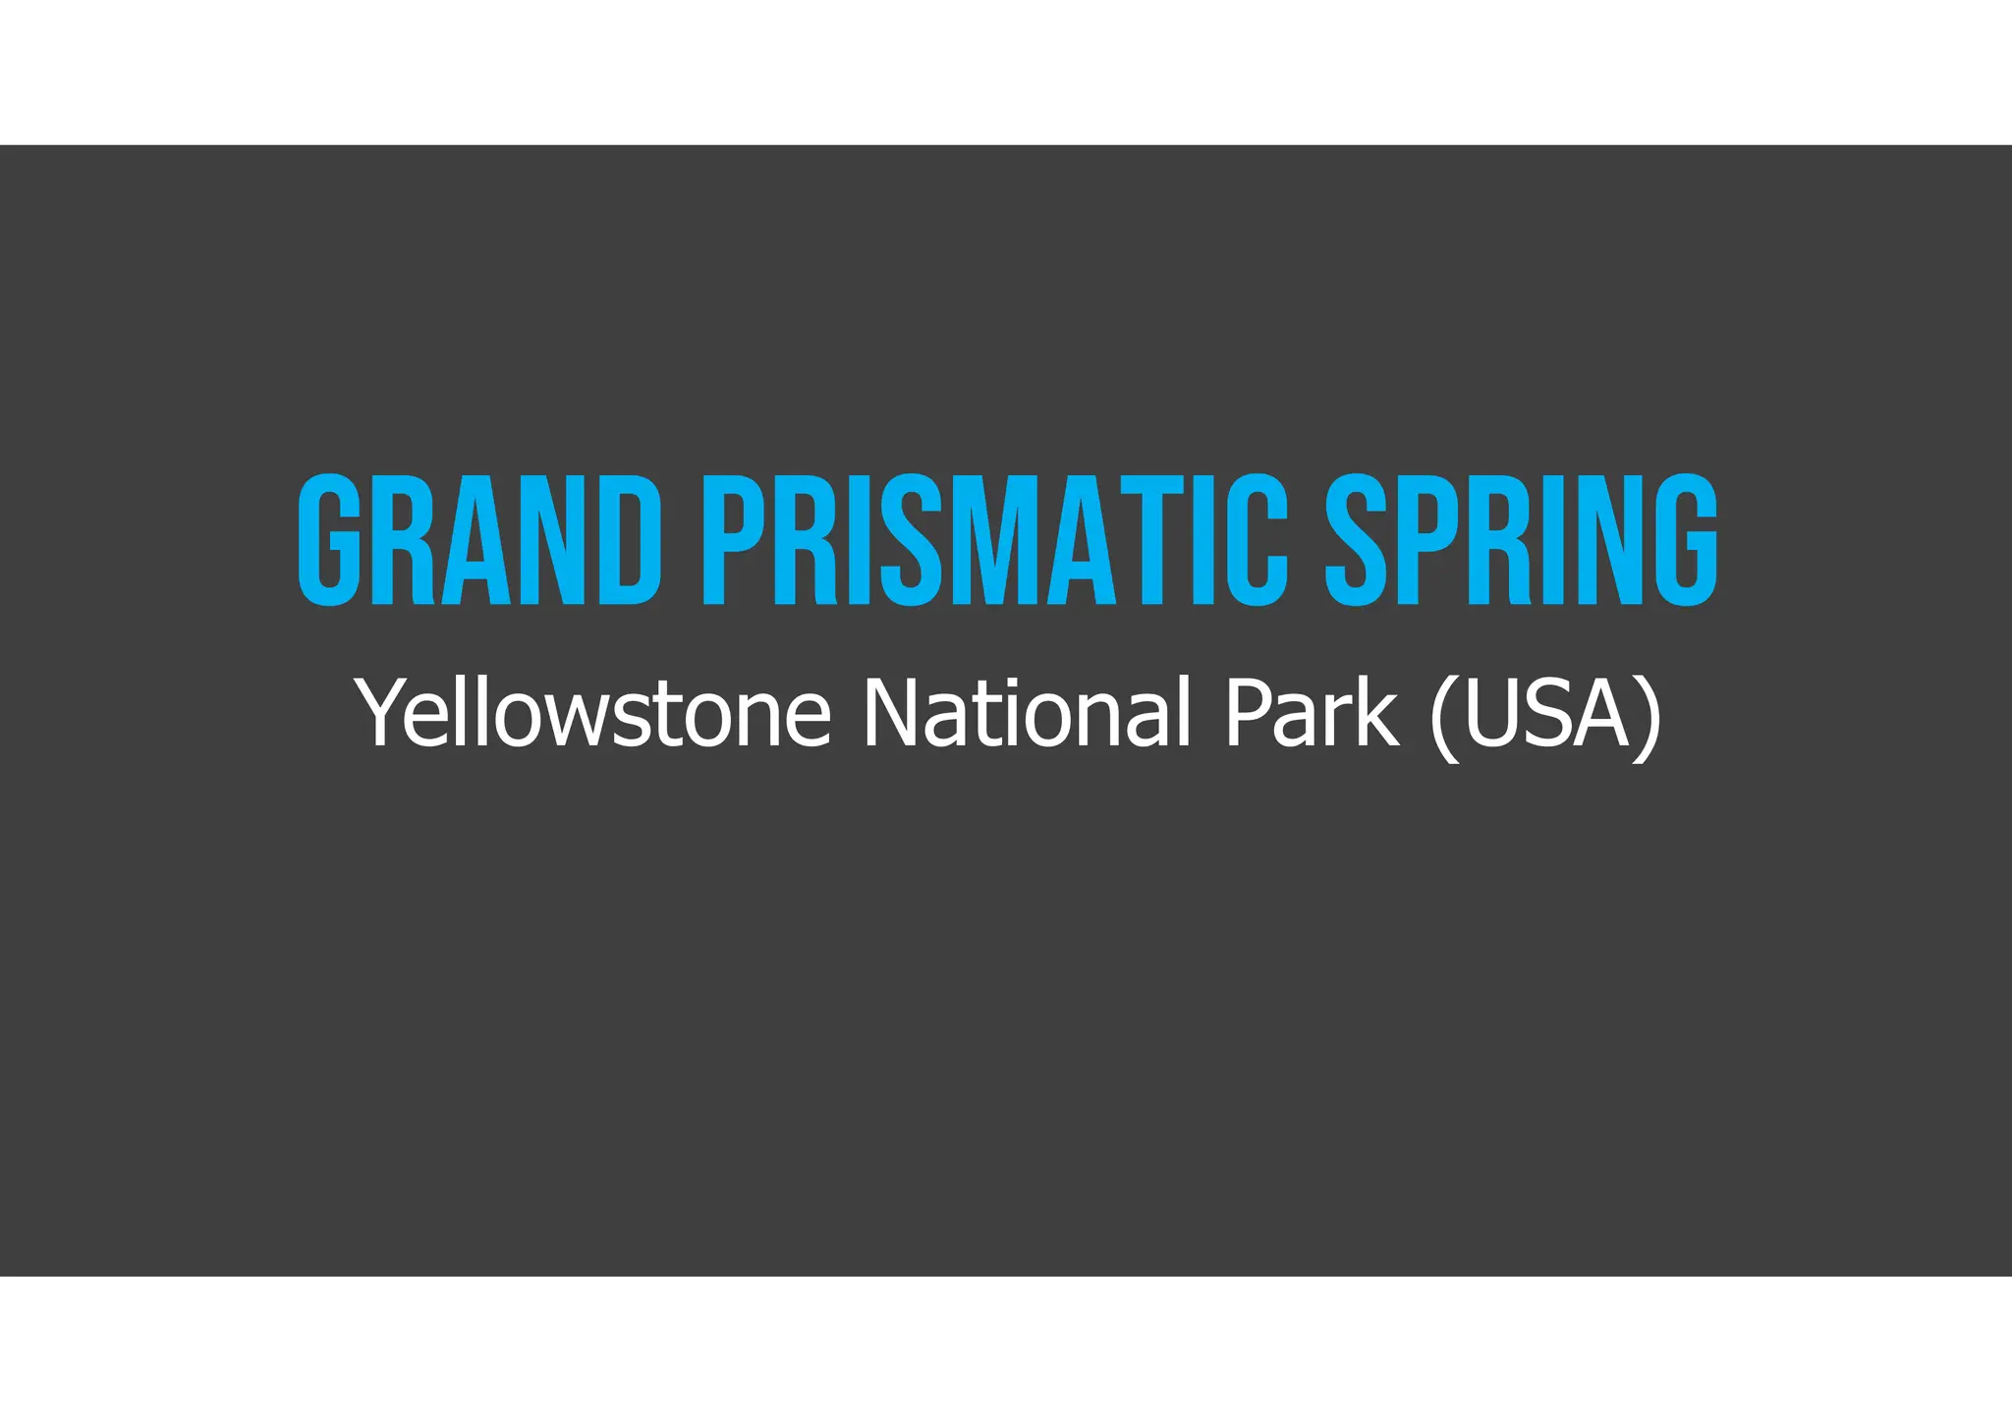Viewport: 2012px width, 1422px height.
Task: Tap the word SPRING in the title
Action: tap(1521, 540)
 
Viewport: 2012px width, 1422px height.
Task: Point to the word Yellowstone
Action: tap(593, 713)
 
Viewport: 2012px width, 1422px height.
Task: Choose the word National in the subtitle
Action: tap(1026, 713)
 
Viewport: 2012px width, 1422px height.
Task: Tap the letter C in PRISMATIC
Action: tap(1258, 540)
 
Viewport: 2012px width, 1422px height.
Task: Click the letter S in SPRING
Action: tap(1357, 540)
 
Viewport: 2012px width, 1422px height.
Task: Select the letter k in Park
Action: tap(1375, 713)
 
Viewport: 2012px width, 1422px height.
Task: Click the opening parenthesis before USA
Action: tap(1442, 717)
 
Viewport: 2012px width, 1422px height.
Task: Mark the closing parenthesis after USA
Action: tap(1650, 717)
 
